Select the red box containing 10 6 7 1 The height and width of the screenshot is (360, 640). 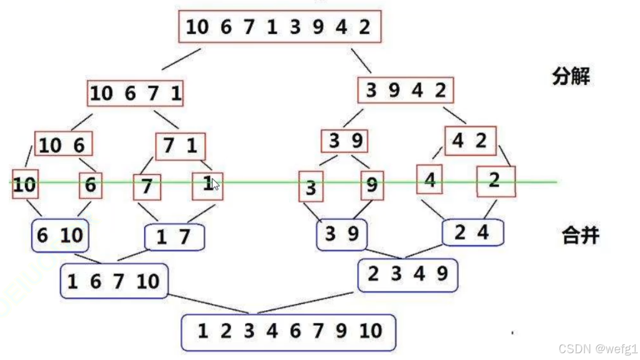point(135,93)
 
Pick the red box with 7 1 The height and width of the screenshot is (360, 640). point(180,147)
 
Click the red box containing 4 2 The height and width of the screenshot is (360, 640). point(470,141)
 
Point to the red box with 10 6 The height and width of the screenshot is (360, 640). point(63,145)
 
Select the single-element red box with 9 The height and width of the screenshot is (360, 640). point(372,186)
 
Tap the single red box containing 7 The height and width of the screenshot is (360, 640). point(147,187)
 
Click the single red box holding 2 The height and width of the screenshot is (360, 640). point(496,181)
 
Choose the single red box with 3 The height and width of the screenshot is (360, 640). point(311,187)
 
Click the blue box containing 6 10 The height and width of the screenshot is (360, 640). point(59,235)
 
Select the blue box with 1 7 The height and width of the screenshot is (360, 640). point(174,237)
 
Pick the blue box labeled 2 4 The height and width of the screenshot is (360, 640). point(472,233)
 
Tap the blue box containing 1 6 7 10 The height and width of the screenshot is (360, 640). point(114,281)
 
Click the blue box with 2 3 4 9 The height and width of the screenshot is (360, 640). point(407,275)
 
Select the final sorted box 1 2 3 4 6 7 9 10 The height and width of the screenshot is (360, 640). point(288,331)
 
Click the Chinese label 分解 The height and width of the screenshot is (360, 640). point(570,76)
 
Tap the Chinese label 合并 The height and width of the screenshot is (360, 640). point(579,234)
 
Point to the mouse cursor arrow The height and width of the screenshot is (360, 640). point(216,184)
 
